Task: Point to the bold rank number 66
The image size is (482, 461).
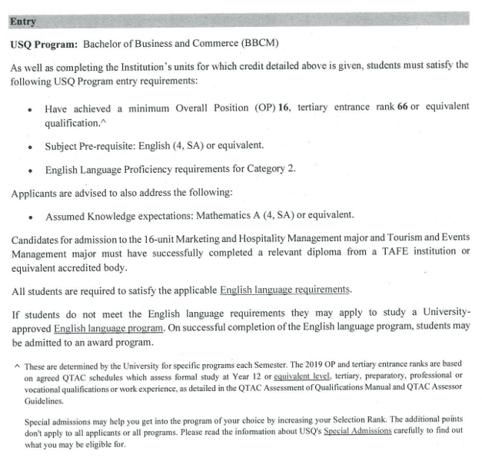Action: pos(402,106)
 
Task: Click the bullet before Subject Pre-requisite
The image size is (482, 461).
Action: pos(28,145)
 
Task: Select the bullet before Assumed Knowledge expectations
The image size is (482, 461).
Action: pos(28,216)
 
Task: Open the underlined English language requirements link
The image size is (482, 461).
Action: pos(285,290)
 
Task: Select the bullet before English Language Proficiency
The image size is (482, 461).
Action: pos(28,168)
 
